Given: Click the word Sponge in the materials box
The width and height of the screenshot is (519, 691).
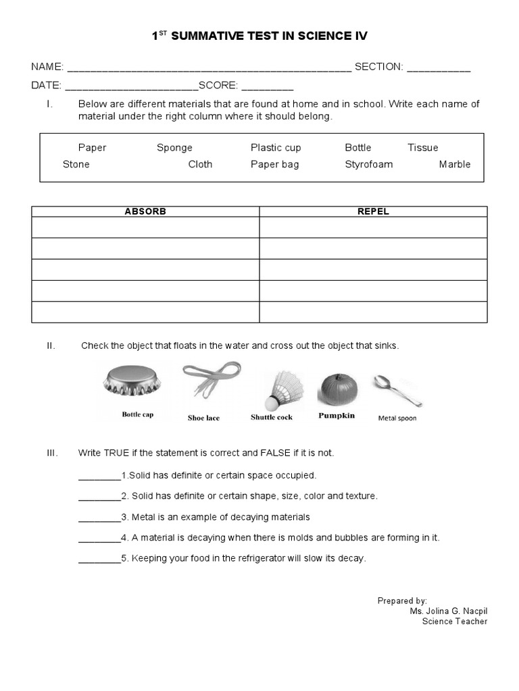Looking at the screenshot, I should pyautogui.click(x=174, y=148).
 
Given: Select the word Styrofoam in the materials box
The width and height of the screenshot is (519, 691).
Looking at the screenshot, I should pyautogui.click(x=368, y=165).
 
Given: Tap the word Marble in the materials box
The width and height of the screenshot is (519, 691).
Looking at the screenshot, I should pyautogui.click(x=454, y=165).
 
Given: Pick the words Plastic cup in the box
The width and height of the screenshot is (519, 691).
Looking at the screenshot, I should pyautogui.click(x=276, y=148).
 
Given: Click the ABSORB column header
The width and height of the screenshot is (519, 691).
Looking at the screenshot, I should pyautogui.click(x=145, y=212).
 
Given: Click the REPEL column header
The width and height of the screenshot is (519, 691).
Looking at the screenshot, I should pyautogui.click(x=373, y=212).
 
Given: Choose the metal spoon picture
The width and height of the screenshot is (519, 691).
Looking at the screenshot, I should pyautogui.click(x=398, y=391).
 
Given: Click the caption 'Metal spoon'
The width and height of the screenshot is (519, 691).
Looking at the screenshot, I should pyautogui.click(x=397, y=418).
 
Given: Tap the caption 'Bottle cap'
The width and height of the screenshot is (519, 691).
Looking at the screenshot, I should pyautogui.click(x=137, y=415).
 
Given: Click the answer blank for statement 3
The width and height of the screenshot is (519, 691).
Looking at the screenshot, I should pyautogui.click(x=99, y=518).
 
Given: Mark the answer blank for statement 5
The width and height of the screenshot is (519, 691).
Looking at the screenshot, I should pyautogui.click(x=99, y=559).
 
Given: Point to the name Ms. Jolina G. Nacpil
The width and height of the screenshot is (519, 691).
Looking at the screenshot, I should pyautogui.click(x=448, y=611).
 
